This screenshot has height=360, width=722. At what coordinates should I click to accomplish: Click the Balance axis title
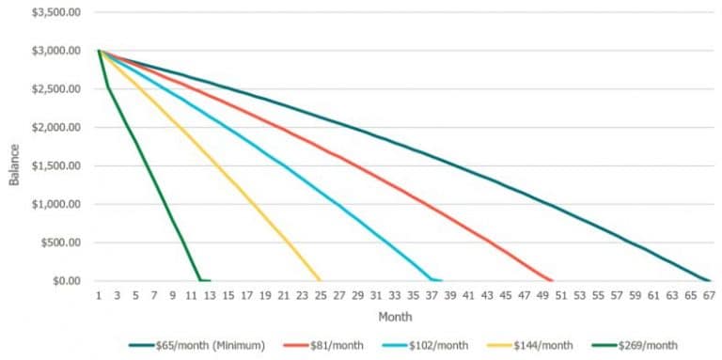point(14,165)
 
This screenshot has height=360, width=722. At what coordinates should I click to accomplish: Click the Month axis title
point(395,317)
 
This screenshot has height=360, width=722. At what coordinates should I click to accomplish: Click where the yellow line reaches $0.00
point(320,280)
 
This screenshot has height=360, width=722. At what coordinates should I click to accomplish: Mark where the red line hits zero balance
point(551,280)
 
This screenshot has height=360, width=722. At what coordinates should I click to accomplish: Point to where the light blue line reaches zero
point(432,280)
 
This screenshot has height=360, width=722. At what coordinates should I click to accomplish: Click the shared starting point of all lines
point(99,51)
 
